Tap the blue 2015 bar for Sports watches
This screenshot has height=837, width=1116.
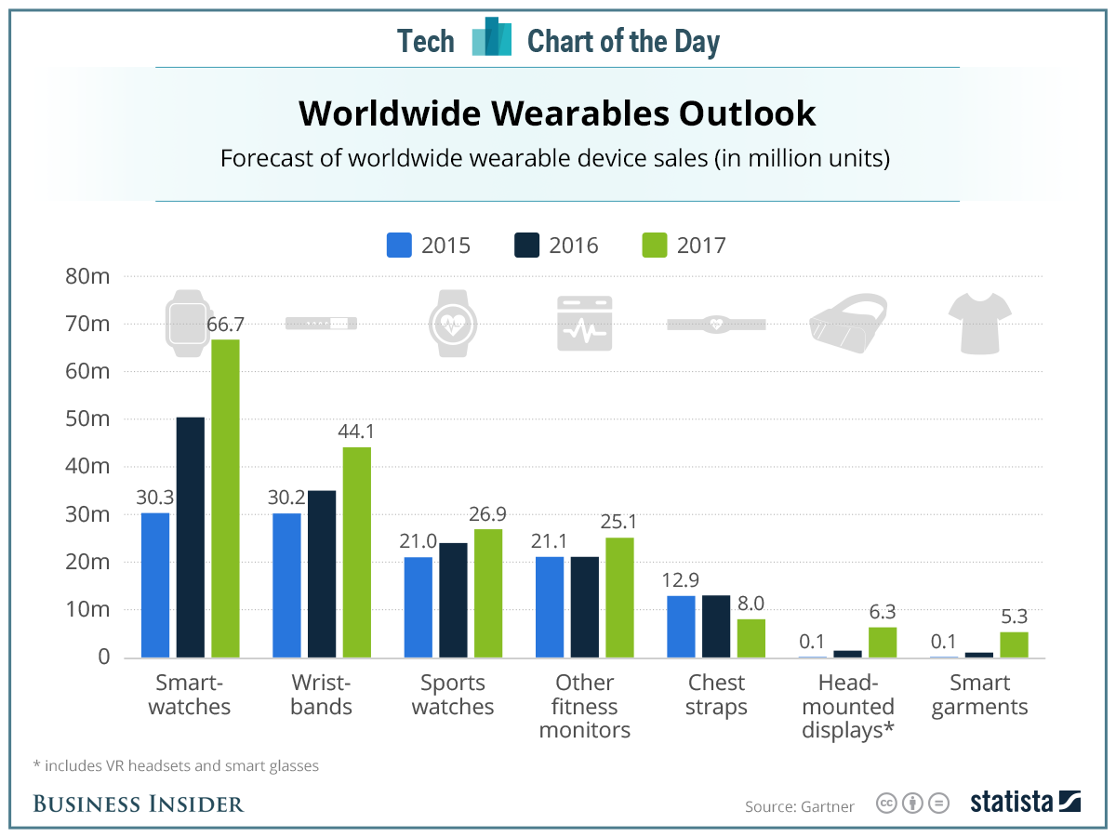pos(418,607)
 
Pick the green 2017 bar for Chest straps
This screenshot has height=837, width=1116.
pos(751,638)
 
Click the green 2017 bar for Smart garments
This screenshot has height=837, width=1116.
pos(1014,644)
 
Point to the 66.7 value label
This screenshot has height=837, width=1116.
pos(224,324)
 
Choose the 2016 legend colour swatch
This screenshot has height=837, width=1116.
pos(527,246)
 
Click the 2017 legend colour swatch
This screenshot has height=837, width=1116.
pos(655,246)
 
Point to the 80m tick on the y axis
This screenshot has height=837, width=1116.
pos(89,276)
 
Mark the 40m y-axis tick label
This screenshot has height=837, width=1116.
pos(89,467)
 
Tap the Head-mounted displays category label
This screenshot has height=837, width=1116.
pos(847,706)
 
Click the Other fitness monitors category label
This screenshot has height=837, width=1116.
pos(585,706)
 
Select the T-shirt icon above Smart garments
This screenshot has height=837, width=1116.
pos(979,322)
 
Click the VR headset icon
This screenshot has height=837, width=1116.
pos(847,322)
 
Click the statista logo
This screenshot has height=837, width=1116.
pos(1024,802)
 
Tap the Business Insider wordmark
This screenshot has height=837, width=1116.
pos(139,804)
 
